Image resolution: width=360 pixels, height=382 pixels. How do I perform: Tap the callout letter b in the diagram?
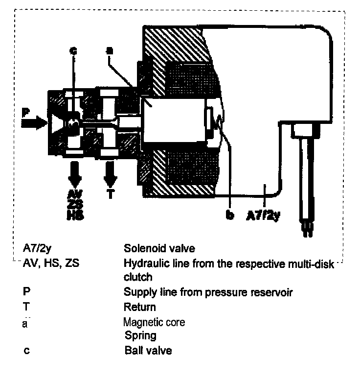[229, 215]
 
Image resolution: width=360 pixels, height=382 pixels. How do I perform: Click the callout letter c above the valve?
[73, 50]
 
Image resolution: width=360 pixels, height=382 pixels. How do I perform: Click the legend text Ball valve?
[148, 351]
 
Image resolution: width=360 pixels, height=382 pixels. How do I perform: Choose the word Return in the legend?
[140, 308]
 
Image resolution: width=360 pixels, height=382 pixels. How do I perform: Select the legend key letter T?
[26, 308]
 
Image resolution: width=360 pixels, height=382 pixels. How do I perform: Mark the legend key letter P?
[26, 293]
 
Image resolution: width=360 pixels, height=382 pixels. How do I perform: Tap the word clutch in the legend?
[138, 277]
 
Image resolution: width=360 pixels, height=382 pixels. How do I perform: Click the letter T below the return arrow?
[110, 193]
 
